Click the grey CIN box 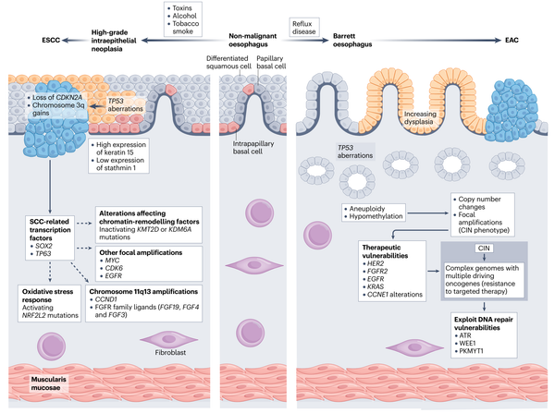[467, 249]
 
